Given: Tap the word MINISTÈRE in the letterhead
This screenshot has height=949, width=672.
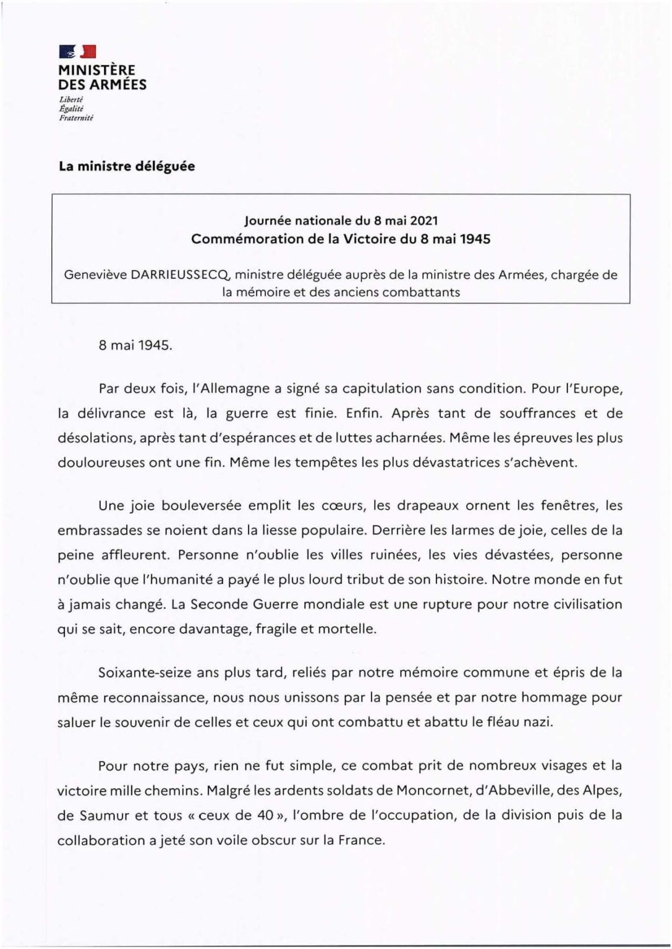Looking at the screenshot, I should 96,70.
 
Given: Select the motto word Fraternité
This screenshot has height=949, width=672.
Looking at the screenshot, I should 75,117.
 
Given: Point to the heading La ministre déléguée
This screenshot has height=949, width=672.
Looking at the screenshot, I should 127,166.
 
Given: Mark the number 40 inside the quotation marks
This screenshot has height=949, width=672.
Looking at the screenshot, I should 265,816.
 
